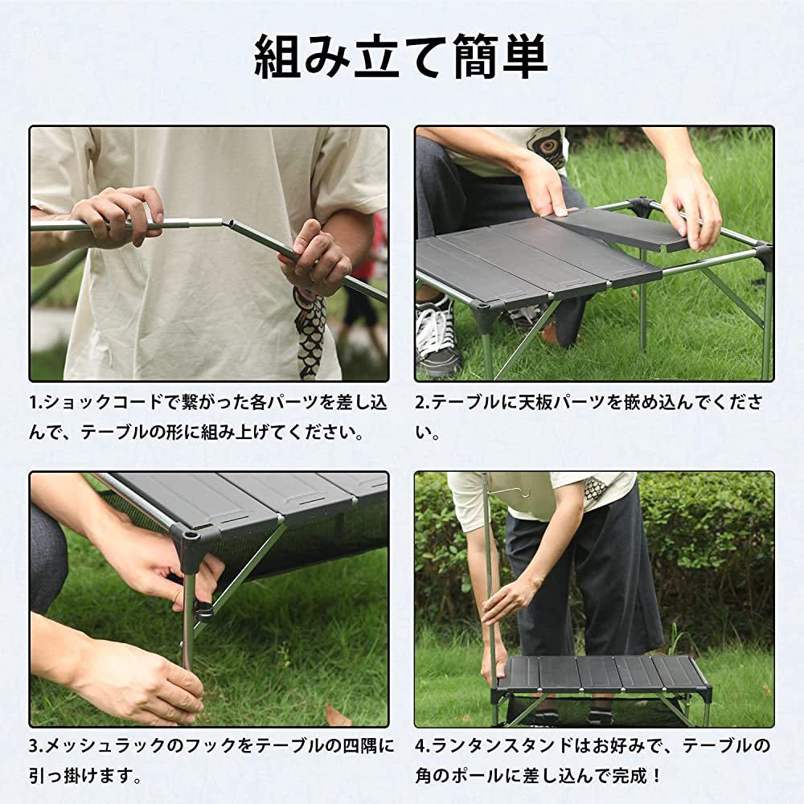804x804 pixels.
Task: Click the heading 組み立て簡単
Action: coord(401,57)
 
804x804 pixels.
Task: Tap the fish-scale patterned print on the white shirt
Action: coord(311,328)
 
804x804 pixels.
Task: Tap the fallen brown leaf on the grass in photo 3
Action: coord(338,715)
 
